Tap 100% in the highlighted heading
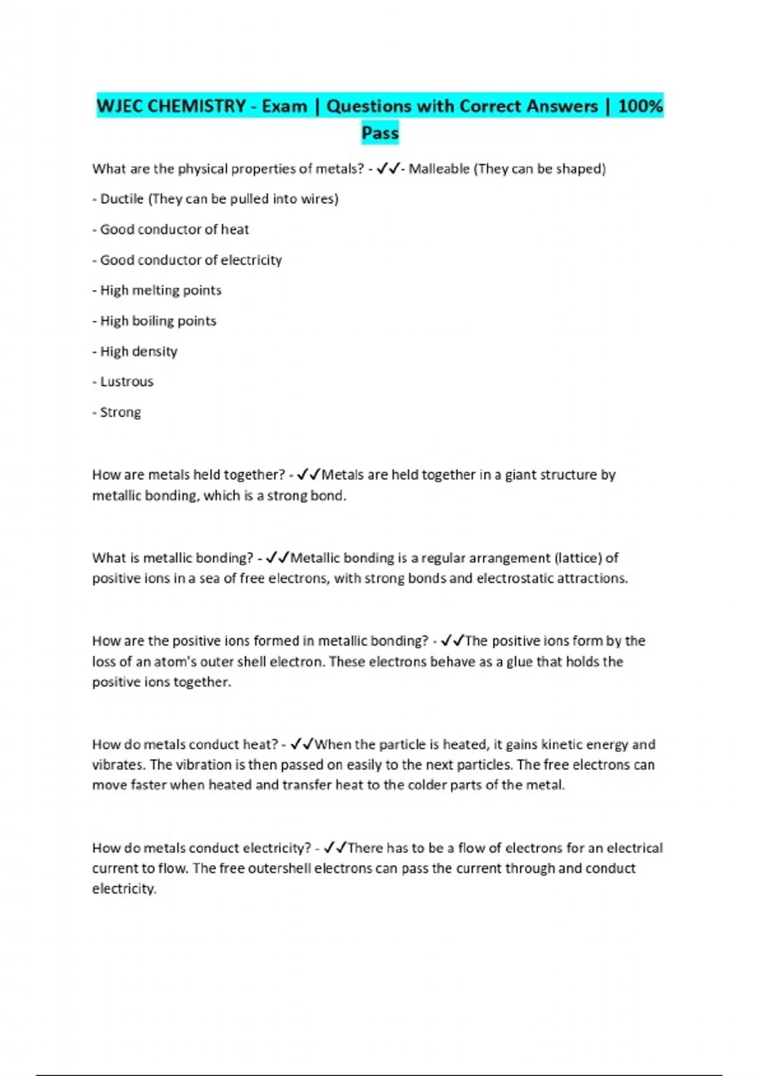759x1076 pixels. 640,106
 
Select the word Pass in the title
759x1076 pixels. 379,133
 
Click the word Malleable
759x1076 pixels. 439,169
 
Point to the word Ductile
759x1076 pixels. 121,199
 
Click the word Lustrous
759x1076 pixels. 126,382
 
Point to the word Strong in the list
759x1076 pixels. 120,412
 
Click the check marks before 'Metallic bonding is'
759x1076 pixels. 278,558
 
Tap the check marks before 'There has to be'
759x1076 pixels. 335,848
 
